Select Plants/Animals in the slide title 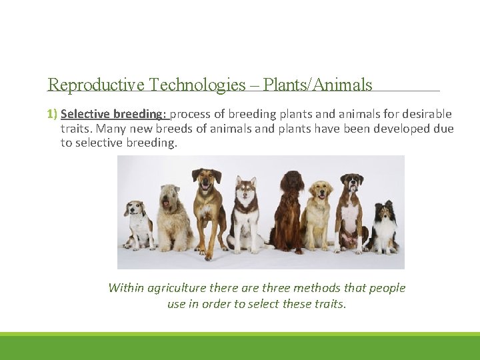point(317,85)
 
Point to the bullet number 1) point(53,114)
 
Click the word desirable point(425,114)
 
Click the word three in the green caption point(275,288)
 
